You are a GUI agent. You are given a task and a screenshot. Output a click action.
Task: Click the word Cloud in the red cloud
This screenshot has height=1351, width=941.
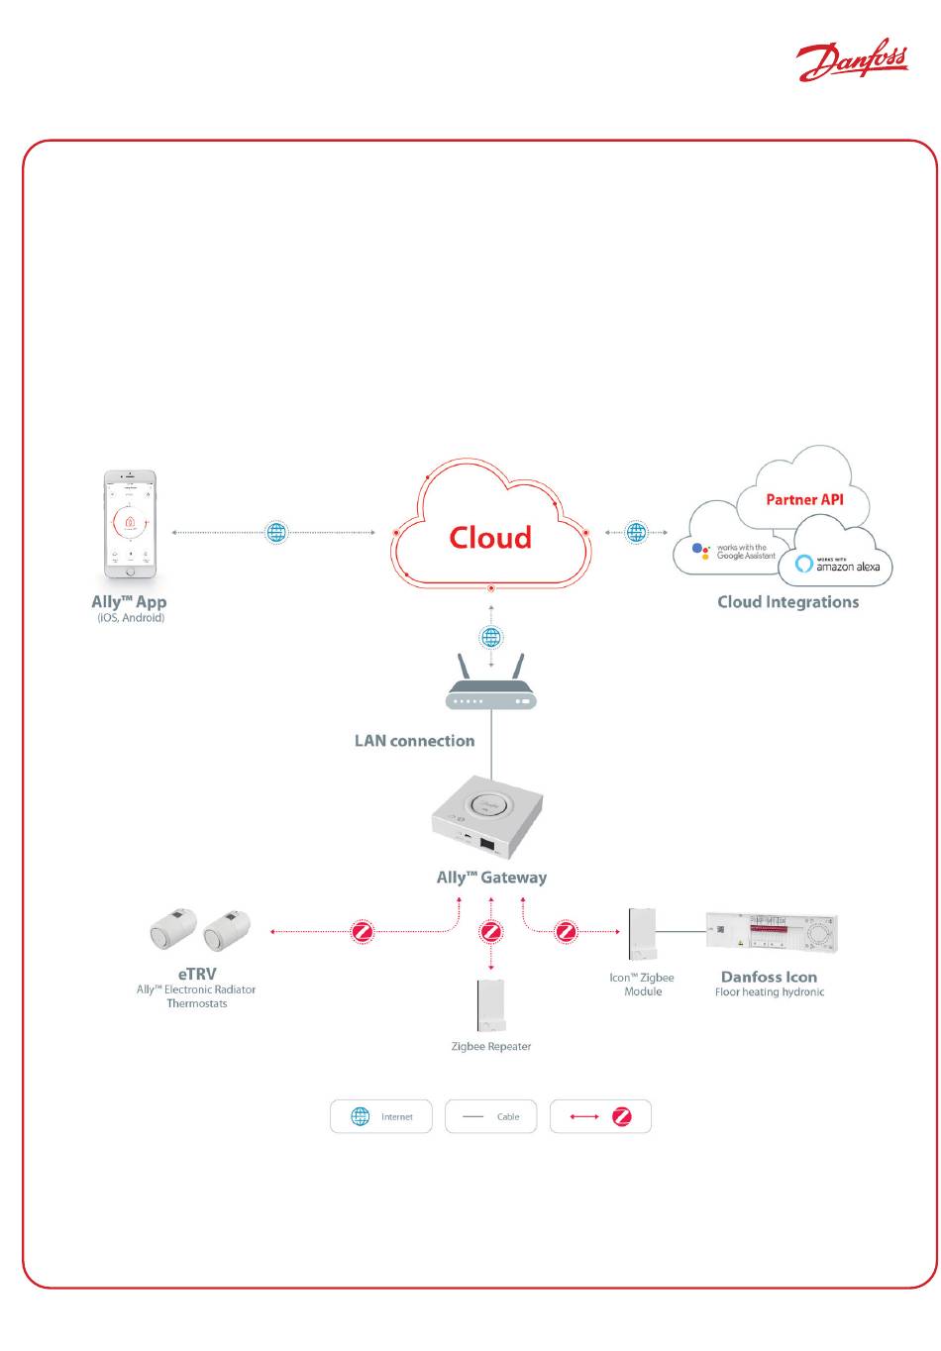[x=490, y=538]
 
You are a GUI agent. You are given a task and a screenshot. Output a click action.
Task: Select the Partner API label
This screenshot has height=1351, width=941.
[x=804, y=499]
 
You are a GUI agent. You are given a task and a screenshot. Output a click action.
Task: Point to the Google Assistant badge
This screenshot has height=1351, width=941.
[x=733, y=552]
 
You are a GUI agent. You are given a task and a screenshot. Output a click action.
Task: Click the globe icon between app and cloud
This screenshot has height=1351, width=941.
[x=277, y=533]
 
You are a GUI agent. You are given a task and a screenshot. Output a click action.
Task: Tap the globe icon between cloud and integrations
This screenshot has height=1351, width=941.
[x=636, y=533]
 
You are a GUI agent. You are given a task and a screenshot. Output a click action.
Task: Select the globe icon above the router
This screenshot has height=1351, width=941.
[x=491, y=637]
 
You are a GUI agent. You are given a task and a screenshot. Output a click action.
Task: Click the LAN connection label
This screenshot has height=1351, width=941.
[x=414, y=741]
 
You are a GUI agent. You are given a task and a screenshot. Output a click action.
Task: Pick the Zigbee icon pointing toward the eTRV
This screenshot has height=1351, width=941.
[x=364, y=932]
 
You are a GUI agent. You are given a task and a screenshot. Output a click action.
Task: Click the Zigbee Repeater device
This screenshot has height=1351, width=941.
[x=491, y=1005]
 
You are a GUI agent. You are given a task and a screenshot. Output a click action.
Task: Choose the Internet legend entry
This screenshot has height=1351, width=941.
[x=381, y=1116]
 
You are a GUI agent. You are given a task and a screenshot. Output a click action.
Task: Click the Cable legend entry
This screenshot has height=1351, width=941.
[x=491, y=1116]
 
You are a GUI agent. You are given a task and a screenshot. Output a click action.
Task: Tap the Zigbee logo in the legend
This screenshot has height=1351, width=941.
[x=622, y=1116]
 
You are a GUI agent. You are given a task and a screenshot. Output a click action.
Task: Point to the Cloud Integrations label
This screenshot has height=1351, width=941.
[x=788, y=602]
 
